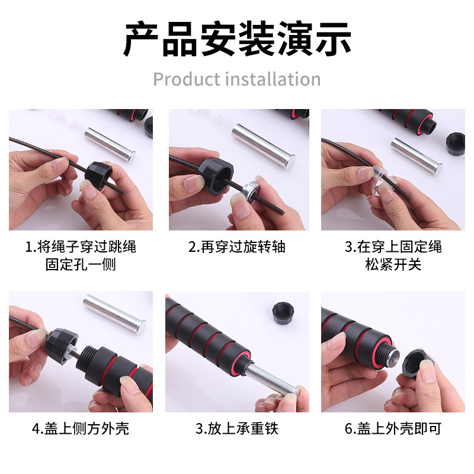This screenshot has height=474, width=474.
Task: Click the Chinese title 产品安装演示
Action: click(x=237, y=39)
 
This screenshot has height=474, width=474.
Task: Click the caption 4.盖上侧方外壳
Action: click(x=81, y=428)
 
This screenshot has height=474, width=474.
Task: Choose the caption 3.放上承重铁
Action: click(x=237, y=428)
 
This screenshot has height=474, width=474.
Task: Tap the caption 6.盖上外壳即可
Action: click(x=393, y=428)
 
